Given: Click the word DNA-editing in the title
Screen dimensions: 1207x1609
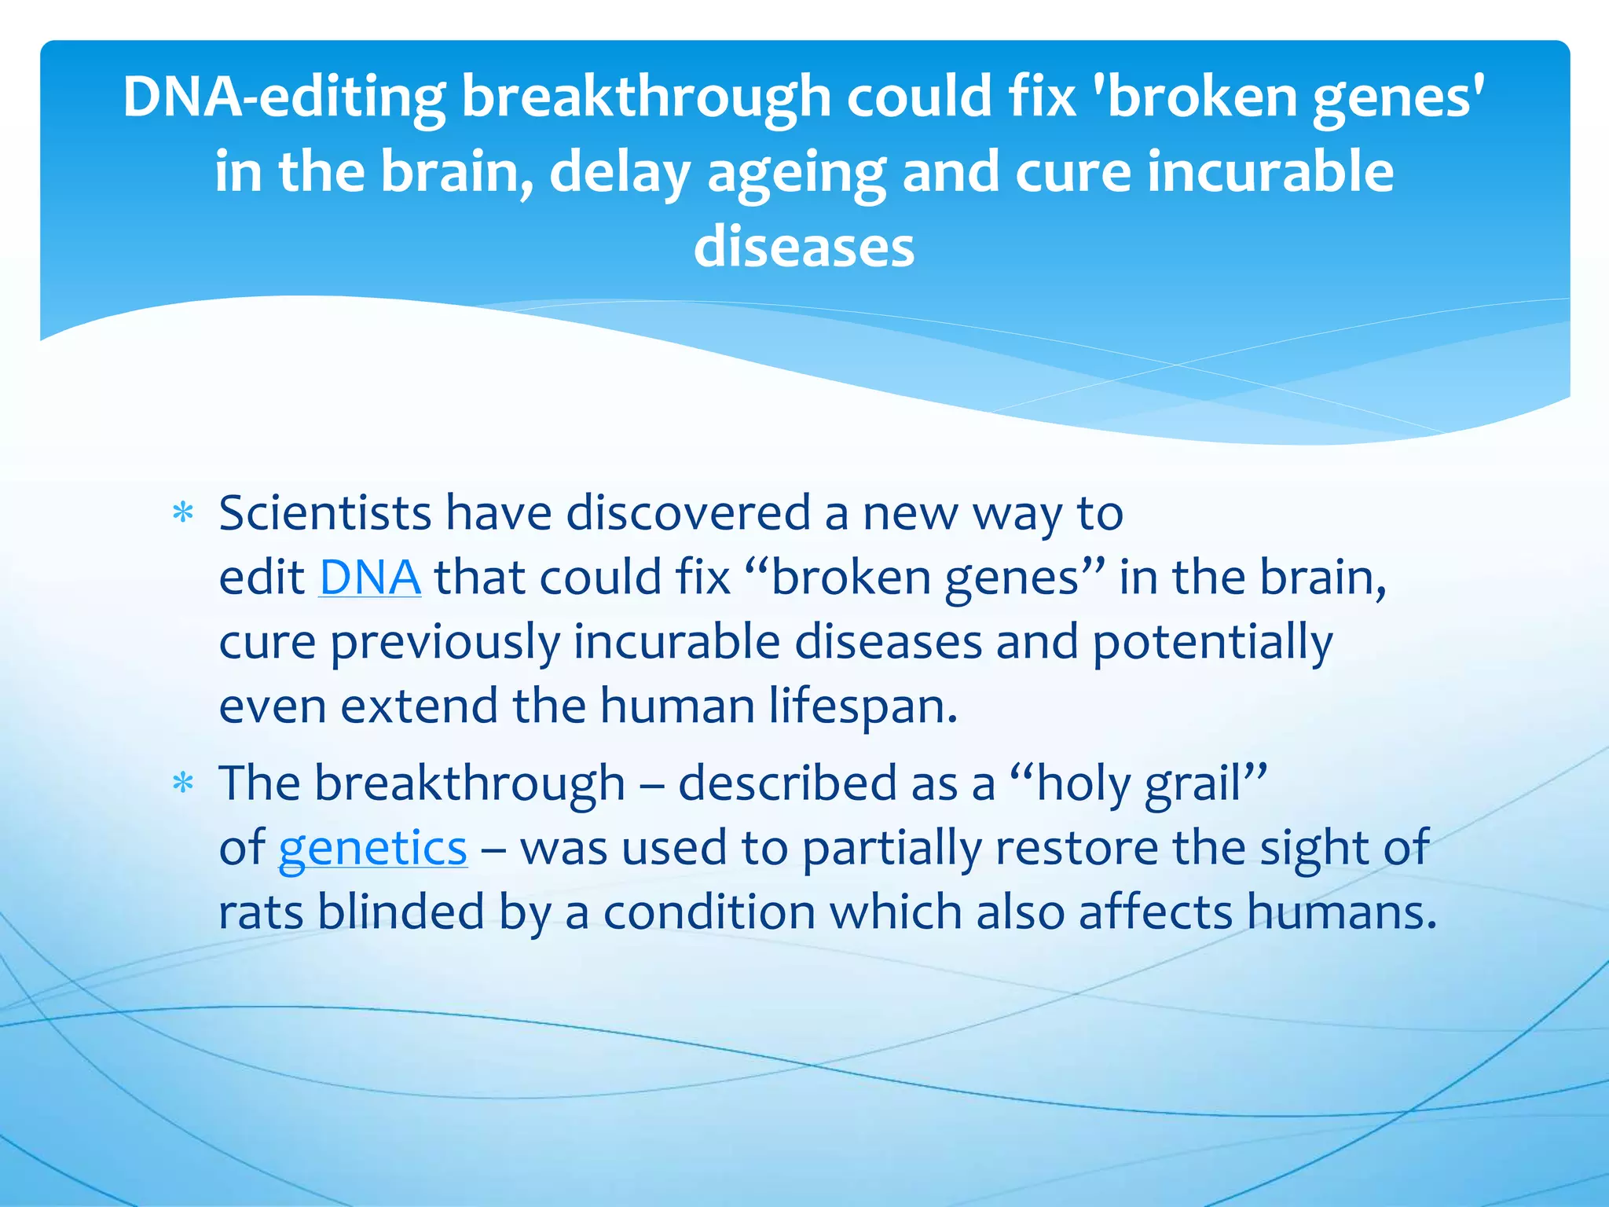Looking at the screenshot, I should tap(284, 97).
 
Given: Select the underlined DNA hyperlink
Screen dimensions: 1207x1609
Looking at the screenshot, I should tap(370, 578).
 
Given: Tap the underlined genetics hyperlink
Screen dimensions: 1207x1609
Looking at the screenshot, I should tap(373, 848).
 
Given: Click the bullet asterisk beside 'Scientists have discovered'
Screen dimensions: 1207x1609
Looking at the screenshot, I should tap(183, 514).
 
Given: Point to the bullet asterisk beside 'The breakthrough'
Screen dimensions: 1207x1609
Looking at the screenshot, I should tap(183, 783).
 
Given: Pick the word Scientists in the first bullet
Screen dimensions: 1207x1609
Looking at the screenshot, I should tap(325, 513).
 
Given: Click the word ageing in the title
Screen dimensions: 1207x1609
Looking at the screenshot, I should tap(797, 173).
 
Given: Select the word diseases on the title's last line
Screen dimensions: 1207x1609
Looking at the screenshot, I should tap(804, 247).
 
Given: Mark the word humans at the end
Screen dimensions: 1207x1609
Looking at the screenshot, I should tap(1341, 912).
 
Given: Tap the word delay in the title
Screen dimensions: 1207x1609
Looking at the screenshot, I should tap(620, 173).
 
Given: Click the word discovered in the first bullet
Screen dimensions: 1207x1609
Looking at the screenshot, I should tap(688, 513).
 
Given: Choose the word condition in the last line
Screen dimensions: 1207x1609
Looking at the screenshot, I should tap(709, 912).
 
